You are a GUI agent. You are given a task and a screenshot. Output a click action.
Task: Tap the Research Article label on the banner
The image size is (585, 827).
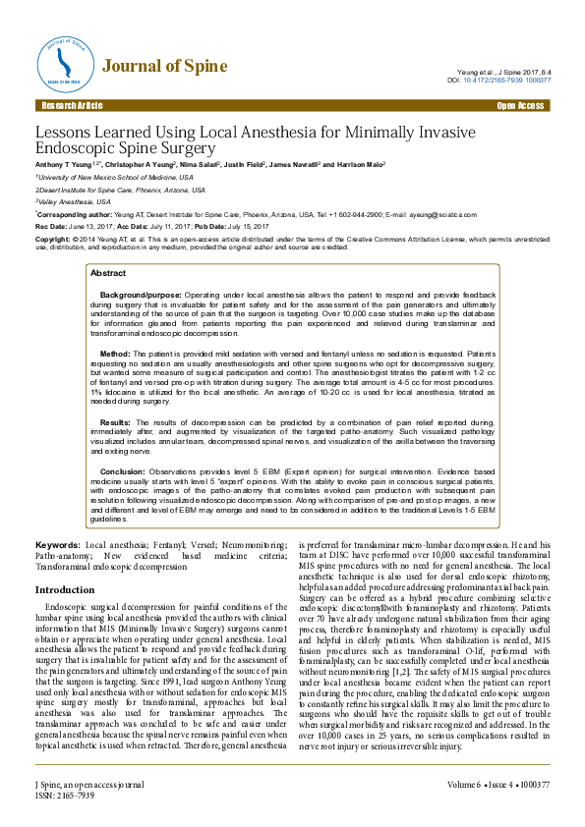72,104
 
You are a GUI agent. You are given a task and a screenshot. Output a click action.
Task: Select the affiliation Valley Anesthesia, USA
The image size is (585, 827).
74,200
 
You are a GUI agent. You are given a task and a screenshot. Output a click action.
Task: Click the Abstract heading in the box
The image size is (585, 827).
108,273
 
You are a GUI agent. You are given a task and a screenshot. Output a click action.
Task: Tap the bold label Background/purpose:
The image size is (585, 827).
141,295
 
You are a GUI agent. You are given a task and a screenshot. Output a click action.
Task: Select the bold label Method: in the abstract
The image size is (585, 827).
115,352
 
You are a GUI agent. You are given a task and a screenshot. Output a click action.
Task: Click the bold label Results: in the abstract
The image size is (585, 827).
116,420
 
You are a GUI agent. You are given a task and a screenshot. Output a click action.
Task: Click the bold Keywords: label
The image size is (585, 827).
58,543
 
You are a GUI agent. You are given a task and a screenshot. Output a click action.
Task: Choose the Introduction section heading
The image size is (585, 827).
65,590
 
